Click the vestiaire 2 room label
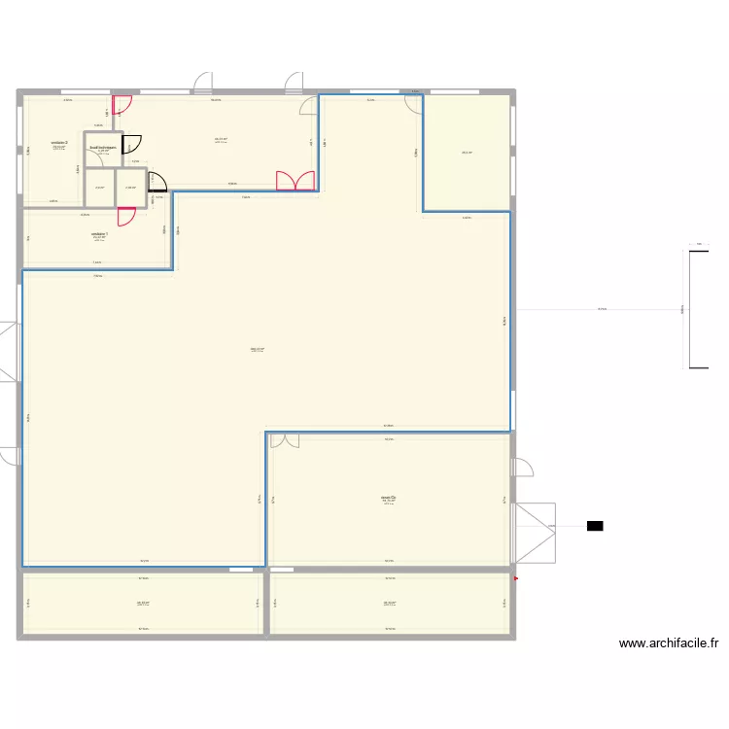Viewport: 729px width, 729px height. [59, 142]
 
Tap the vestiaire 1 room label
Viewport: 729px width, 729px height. [99, 234]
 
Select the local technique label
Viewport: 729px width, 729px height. [103, 149]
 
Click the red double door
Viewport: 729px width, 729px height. [295, 181]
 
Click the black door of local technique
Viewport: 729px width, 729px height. [132, 142]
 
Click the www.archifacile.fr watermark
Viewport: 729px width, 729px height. [668, 643]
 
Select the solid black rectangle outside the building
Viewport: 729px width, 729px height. [595, 526]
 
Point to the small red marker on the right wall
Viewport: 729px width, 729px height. [516, 580]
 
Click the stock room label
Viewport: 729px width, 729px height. [389, 500]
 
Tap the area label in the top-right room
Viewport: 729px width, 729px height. [468, 153]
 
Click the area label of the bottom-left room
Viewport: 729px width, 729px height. [144, 603]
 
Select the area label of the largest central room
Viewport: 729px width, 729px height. [258, 350]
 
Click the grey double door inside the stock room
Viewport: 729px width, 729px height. [285, 441]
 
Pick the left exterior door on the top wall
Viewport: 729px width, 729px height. [202, 82]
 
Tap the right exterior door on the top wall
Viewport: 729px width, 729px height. [293, 82]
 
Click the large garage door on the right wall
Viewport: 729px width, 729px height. [534, 533]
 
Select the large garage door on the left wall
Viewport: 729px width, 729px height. [10, 351]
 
